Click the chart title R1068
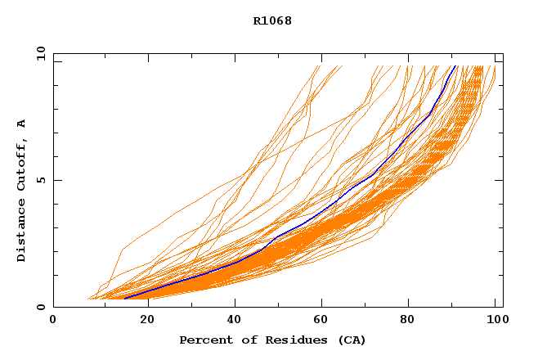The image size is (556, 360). click(272, 20)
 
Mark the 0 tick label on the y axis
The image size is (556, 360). click(40, 307)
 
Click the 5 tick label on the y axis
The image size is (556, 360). click(40, 180)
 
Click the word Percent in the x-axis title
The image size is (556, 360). click(204, 340)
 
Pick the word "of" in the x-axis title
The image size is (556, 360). click(243, 340)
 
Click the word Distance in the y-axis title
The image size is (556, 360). click(21, 230)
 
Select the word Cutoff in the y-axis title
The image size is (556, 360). click(21, 165)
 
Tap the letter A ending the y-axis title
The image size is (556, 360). click(21, 124)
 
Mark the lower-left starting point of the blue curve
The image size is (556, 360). click(124, 298)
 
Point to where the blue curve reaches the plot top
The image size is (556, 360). click(455, 66)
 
